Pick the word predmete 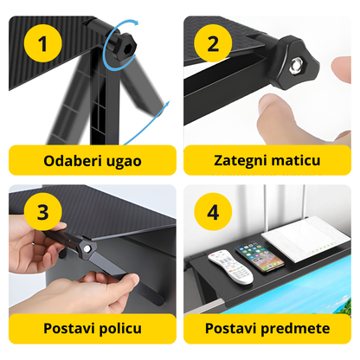(x=294, y=329)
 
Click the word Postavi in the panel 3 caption (x=65, y=329)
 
